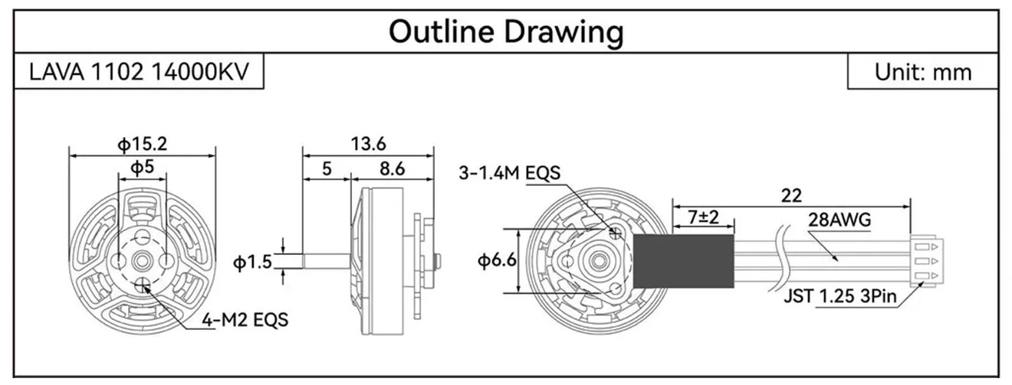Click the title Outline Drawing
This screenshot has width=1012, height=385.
505,32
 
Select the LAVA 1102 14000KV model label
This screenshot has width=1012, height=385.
140,72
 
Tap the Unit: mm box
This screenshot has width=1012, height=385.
922,72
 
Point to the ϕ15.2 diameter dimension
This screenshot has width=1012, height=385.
142,143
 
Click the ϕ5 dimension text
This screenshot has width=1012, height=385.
142,166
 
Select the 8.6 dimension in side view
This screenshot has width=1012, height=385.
392,168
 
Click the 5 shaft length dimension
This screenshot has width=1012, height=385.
327,168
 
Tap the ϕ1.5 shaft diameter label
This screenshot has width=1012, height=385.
252,263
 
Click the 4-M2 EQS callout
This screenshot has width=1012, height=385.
246,319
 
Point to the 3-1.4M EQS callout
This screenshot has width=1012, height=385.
509,173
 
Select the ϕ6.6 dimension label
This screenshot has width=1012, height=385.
497,261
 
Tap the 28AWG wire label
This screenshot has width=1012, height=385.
839,221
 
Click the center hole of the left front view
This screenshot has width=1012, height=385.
143,261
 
